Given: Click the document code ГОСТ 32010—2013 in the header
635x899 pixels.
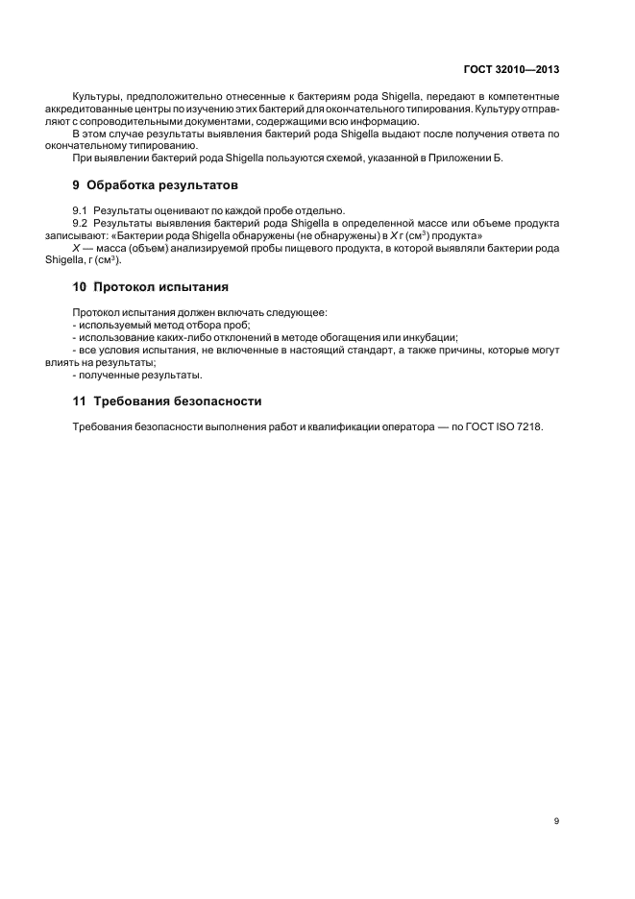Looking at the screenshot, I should coord(513,70).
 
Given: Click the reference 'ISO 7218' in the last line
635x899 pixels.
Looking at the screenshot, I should coord(522,428).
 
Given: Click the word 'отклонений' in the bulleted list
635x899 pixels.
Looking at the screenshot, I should coord(240,337).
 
